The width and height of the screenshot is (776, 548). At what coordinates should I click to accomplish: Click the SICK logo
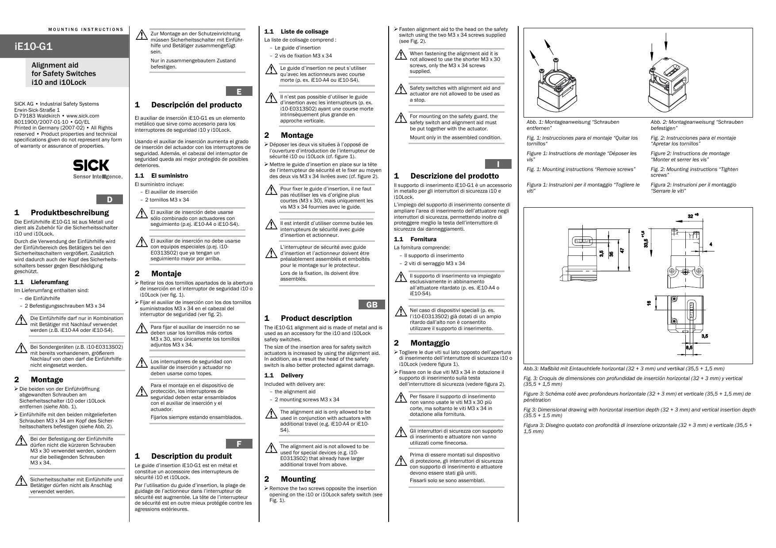(x=91, y=165)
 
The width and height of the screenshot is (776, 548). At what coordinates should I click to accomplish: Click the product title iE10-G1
(x=34, y=46)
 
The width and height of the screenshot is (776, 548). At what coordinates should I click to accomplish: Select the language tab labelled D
(x=109, y=199)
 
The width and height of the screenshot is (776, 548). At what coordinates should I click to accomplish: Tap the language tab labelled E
(x=239, y=91)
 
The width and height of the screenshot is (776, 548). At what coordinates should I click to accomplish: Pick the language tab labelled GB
(x=372, y=304)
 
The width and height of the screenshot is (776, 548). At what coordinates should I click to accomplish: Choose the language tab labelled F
(x=239, y=444)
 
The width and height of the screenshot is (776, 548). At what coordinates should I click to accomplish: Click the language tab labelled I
(x=498, y=164)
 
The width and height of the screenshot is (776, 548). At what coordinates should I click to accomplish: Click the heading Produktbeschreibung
(x=69, y=213)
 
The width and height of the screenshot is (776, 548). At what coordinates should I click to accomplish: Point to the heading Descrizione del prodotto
(x=454, y=176)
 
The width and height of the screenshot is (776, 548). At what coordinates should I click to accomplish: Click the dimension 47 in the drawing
(x=622, y=250)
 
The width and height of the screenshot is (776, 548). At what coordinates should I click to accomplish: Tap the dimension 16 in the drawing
(x=649, y=304)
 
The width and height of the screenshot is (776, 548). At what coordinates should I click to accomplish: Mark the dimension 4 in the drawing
(x=711, y=244)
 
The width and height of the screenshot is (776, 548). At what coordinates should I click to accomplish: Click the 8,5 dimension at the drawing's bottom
(x=689, y=348)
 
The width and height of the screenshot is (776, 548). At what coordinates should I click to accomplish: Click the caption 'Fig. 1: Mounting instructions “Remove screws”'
(x=581, y=169)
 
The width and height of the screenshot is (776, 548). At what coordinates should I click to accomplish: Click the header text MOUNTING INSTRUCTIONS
(x=86, y=30)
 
